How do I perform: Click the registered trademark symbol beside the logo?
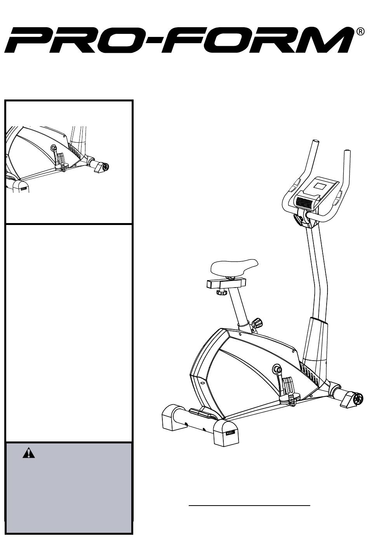coord(360,32)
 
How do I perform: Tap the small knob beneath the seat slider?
coord(221,293)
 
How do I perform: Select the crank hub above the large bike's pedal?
coord(277,369)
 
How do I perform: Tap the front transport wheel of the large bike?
coord(358,399)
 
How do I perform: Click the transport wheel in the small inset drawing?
coord(105,167)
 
